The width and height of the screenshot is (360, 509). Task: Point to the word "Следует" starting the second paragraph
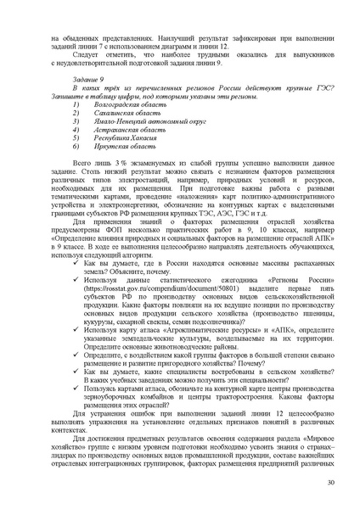(86, 54)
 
